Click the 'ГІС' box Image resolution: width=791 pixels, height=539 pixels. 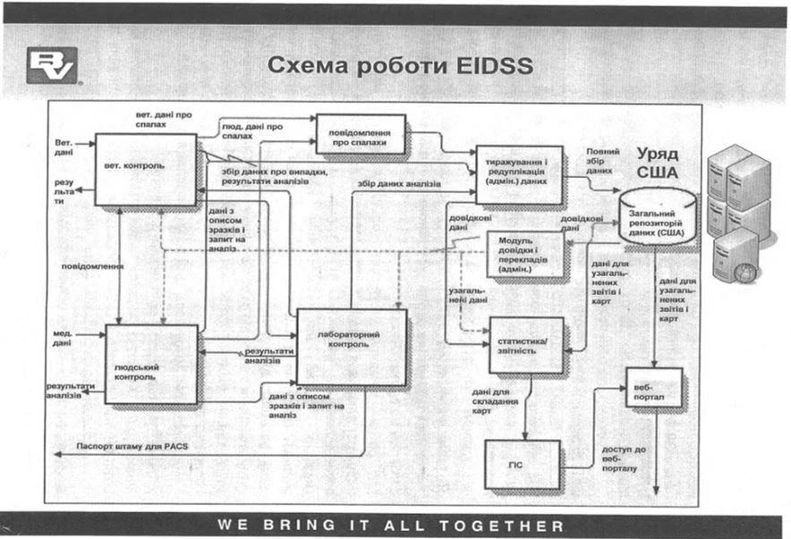(x=522, y=465)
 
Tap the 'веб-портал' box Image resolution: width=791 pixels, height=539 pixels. (x=653, y=387)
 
